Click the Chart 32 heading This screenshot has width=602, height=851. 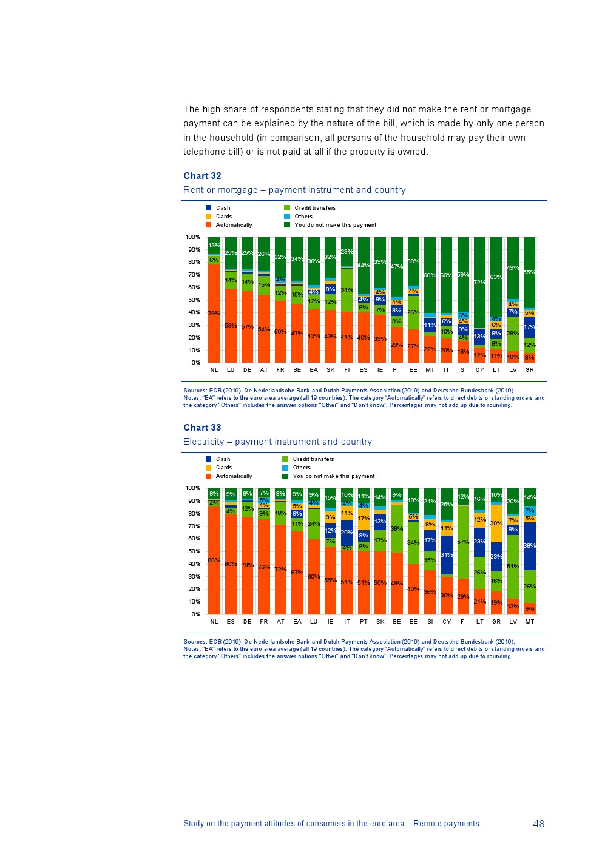[202, 176]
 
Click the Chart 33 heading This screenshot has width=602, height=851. [202, 428]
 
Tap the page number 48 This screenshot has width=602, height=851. [538, 824]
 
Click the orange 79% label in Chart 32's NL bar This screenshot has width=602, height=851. [214, 314]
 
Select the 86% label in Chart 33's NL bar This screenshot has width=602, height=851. [214, 560]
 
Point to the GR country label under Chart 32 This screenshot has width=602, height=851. [529, 369]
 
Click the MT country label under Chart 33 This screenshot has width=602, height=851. [529, 621]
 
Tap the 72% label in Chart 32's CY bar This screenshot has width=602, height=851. [479, 283]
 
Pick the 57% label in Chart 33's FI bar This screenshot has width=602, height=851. [463, 542]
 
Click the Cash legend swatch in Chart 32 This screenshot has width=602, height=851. [209, 208]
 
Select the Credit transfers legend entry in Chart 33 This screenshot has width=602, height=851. [313, 459]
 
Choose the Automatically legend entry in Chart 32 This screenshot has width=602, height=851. [234, 225]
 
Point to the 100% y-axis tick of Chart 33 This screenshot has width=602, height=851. [193, 488]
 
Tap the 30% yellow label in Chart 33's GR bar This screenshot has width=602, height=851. [496, 523]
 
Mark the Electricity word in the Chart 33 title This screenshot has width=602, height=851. [203, 442]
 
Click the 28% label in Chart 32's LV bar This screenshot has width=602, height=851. [513, 334]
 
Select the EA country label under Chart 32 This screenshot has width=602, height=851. [314, 369]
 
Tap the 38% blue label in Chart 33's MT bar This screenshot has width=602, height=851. [529, 546]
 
